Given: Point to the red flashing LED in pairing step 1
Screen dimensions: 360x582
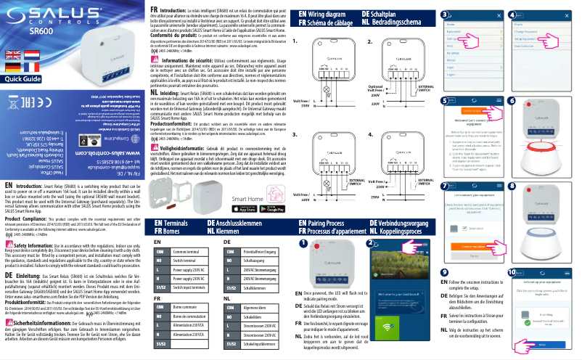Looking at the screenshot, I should pos(321,242).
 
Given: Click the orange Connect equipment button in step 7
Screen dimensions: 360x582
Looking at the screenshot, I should pos(462,227).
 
